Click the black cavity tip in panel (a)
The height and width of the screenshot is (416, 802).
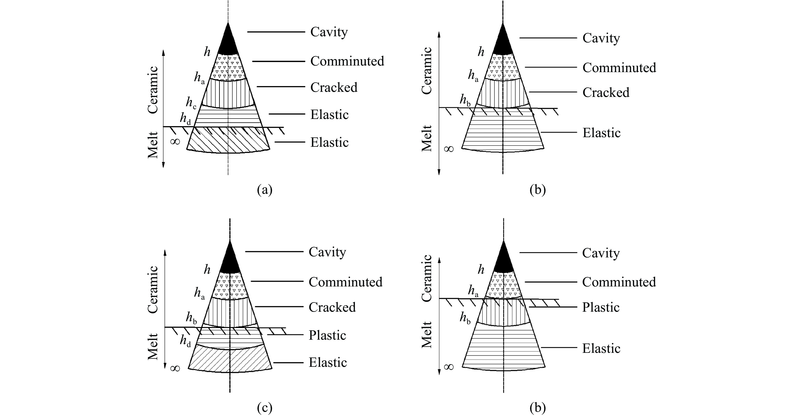[x=228, y=42]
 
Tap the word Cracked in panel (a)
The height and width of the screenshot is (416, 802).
[x=334, y=87]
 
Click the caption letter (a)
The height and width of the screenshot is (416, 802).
[x=265, y=190]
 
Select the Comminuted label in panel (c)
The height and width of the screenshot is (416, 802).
[x=345, y=282]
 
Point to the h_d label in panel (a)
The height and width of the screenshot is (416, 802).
[x=185, y=119]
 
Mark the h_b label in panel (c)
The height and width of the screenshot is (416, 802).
[x=191, y=318]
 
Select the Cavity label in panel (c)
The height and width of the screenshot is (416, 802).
[x=327, y=252]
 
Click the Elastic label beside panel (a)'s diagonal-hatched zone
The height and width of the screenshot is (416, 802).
[x=329, y=142]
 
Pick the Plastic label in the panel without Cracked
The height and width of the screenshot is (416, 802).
[x=601, y=307]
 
